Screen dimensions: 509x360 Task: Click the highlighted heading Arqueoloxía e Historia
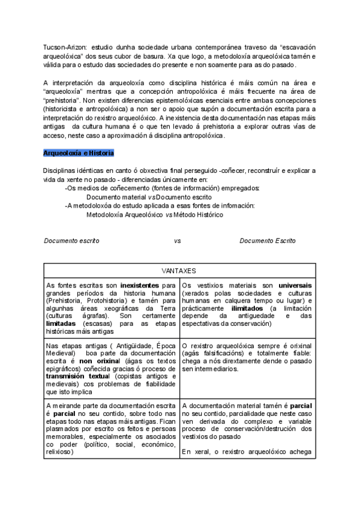[79, 153]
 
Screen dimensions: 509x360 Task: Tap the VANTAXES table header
[179, 271]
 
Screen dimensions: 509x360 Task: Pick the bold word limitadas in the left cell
[61, 324]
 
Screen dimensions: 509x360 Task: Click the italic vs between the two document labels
[178, 241]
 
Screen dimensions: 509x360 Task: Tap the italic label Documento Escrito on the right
[267, 241]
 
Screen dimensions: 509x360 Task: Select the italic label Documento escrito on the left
[71, 241]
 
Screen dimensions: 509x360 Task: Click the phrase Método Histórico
[199, 215]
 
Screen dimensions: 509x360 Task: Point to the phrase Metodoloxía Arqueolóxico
[125, 215]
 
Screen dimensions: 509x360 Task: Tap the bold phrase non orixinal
[83, 362]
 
